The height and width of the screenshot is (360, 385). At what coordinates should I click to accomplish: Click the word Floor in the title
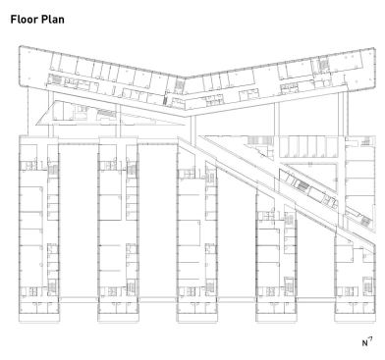(x=24, y=20)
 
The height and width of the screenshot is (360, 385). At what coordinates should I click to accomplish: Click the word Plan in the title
(x=52, y=20)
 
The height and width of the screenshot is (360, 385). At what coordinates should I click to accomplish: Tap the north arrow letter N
(x=365, y=343)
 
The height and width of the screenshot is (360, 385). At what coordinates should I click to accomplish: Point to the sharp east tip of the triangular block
(x=186, y=125)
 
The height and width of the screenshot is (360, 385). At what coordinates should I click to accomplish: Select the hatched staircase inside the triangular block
(x=107, y=114)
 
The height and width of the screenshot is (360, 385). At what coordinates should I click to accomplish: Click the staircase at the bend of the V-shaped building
(x=180, y=85)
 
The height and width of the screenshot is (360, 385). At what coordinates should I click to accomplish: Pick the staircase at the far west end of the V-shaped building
(x=56, y=79)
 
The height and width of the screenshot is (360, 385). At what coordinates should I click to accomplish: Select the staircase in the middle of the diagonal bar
(x=302, y=186)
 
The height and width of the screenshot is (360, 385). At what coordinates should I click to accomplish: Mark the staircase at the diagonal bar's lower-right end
(x=365, y=221)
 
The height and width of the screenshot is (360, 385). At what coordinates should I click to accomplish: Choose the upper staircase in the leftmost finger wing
(x=53, y=170)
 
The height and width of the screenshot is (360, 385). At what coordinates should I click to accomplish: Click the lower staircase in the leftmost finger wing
(x=52, y=286)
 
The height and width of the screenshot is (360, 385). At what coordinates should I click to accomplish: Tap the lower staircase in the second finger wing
(x=131, y=287)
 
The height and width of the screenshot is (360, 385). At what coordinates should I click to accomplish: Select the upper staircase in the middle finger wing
(x=210, y=178)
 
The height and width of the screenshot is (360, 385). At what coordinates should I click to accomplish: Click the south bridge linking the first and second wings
(x=79, y=299)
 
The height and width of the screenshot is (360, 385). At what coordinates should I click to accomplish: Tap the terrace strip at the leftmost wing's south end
(x=39, y=318)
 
